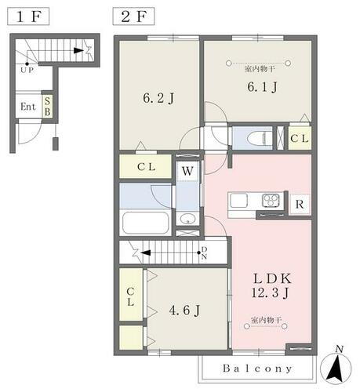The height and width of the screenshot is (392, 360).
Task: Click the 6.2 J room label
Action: click(x=157, y=100)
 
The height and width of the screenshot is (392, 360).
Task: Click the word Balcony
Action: click(x=256, y=368)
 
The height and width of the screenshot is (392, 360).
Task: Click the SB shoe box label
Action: click(x=47, y=106)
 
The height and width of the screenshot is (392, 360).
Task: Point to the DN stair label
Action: click(x=203, y=252)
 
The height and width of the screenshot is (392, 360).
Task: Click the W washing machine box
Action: click(x=187, y=169)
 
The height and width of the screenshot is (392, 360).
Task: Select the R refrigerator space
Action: click(x=299, y=205)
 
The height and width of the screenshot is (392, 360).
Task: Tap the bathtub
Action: click(x=146, y=226)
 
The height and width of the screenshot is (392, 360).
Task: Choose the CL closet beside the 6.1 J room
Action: click(x=299, y=138)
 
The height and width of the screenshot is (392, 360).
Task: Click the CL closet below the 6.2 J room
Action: click(x=147, y=166)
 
